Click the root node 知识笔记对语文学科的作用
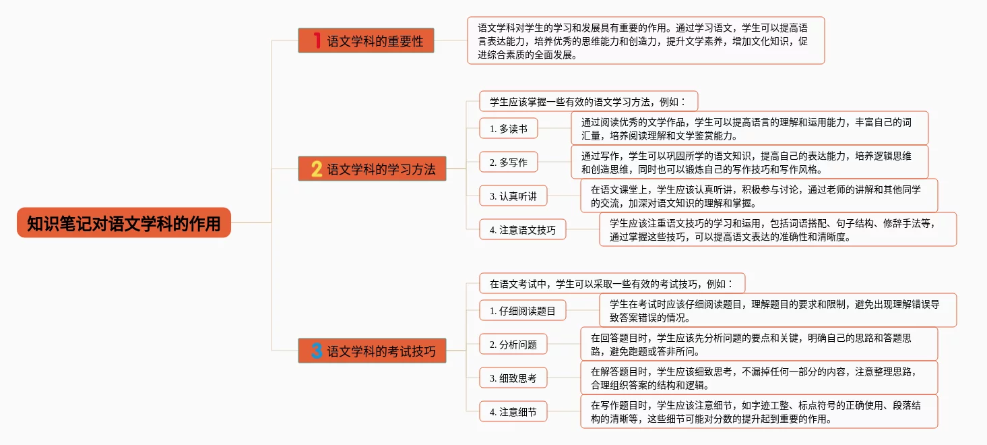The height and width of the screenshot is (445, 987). pos(124,222)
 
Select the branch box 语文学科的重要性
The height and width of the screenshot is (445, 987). pos(366,40)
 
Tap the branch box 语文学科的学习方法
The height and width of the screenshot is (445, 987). pos(372,169)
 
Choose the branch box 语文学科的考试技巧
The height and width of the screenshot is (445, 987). pos(372,351)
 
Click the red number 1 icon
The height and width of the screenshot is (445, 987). pos(317,40)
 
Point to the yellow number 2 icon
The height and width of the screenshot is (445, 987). pos(317,169)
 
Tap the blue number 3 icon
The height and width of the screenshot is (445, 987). pos(317,351)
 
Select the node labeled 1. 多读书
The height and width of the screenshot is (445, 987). pos(508,128)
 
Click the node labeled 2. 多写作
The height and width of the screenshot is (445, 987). pos(508,162)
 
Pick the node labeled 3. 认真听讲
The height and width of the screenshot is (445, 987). pos(513,196)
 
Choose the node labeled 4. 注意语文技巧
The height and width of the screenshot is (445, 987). pos(522,229)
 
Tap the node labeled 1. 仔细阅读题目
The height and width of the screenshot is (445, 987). pos(522,310)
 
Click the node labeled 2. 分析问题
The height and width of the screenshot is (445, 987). pos(513,344)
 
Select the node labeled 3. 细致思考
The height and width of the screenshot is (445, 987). pos(513,378)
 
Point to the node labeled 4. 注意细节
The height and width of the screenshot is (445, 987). pos(513,411)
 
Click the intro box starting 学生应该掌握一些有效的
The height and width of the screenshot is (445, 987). pos(588,101)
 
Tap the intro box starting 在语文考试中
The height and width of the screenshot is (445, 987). pos(612,283)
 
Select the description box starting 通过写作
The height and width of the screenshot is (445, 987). pos(749,162)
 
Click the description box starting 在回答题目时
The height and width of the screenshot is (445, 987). pos(759,344)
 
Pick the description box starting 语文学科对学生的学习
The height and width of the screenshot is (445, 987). pos(645,40)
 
